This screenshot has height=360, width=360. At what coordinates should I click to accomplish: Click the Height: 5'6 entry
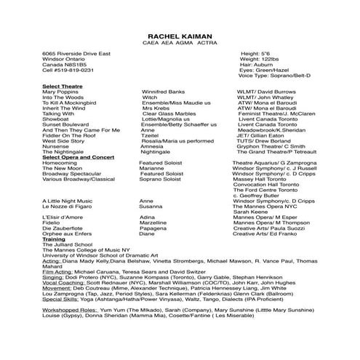(x=255, y=54)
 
